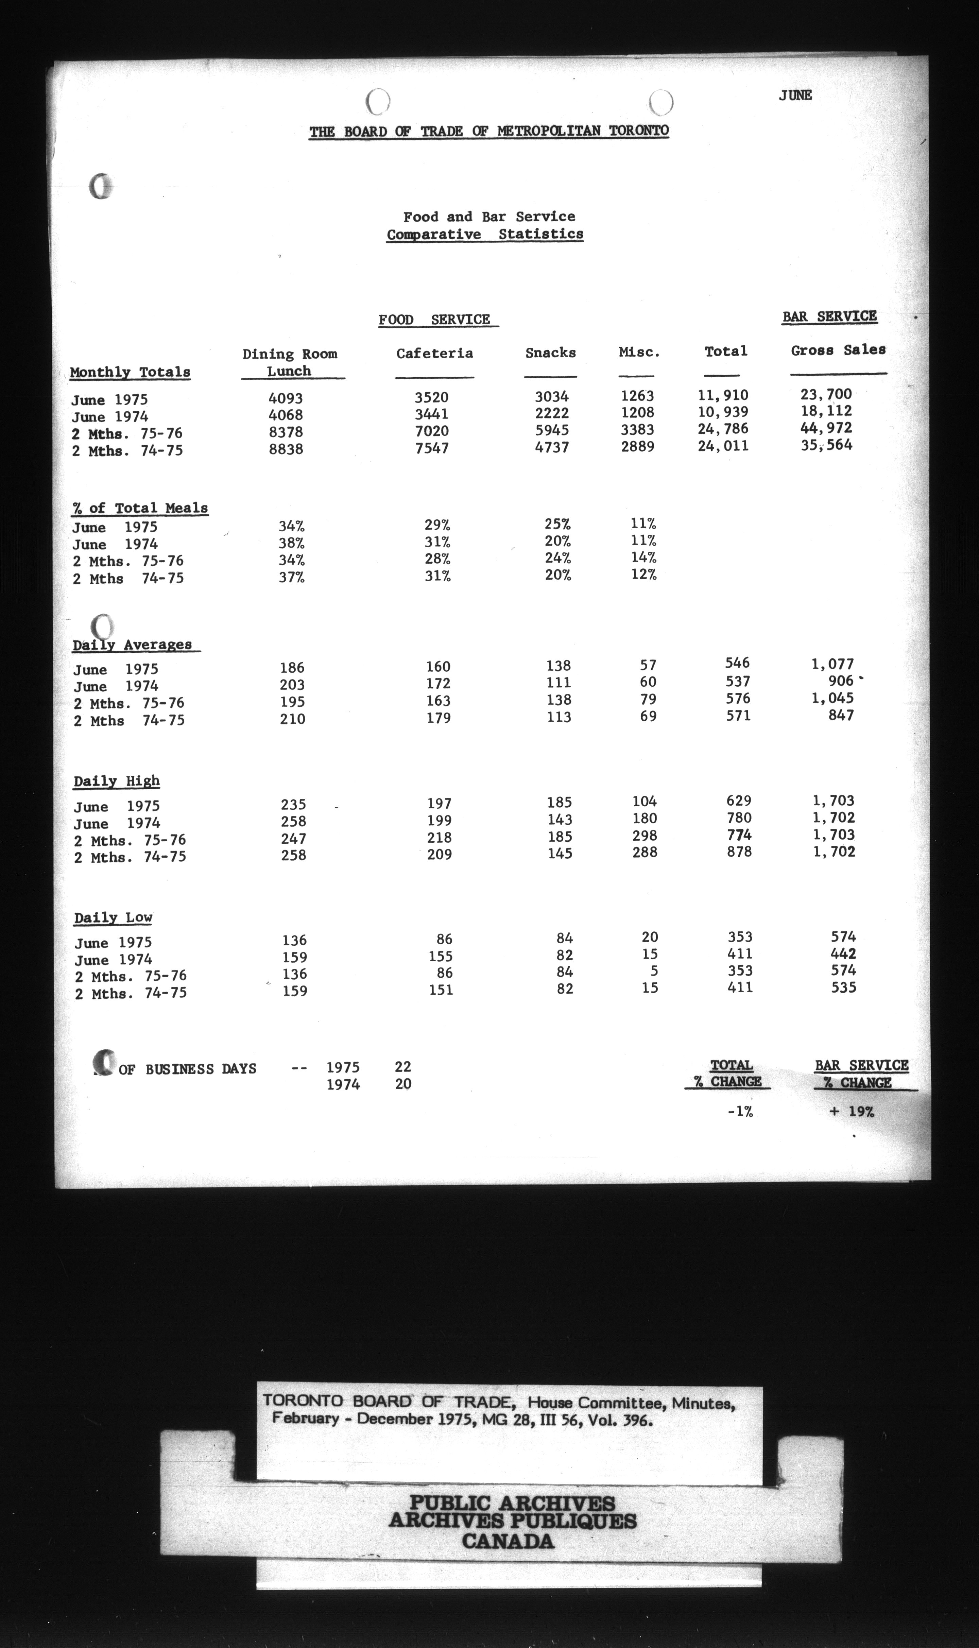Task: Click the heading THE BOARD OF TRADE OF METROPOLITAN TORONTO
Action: tap(489, 131)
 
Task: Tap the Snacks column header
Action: tap(550, 353)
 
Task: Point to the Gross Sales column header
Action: tap(838, 350)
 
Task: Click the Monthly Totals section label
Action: tap(130, 372)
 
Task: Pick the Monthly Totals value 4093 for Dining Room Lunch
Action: tap(286, 398)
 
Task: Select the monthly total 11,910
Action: tap(723, 395)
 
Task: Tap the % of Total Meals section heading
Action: tap(140, 508)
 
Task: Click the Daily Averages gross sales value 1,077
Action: tap(832, 664)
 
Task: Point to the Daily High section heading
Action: tap(117, 781)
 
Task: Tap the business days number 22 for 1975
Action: tap(403, 1067)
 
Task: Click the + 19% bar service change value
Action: tap(851, 1112)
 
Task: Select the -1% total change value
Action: tap(740, 1112)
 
